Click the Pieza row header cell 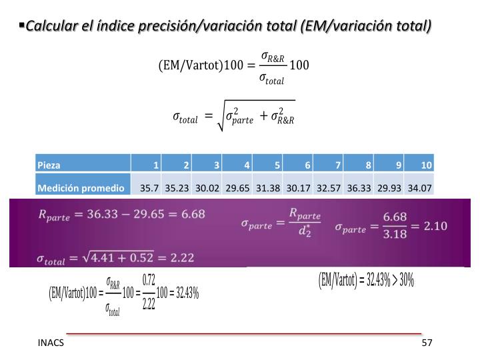[x=83, y=165]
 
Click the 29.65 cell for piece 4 [x=238, y=188]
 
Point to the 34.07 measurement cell [x=419, y=188]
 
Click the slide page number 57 [x=427, y=343]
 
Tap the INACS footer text [x=51, y=343]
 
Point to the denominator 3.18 [x=395, y=235]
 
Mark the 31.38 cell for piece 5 [x=268, y=188]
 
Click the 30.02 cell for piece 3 [x=207, y=188]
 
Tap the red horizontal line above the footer [x=243, y=332]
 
